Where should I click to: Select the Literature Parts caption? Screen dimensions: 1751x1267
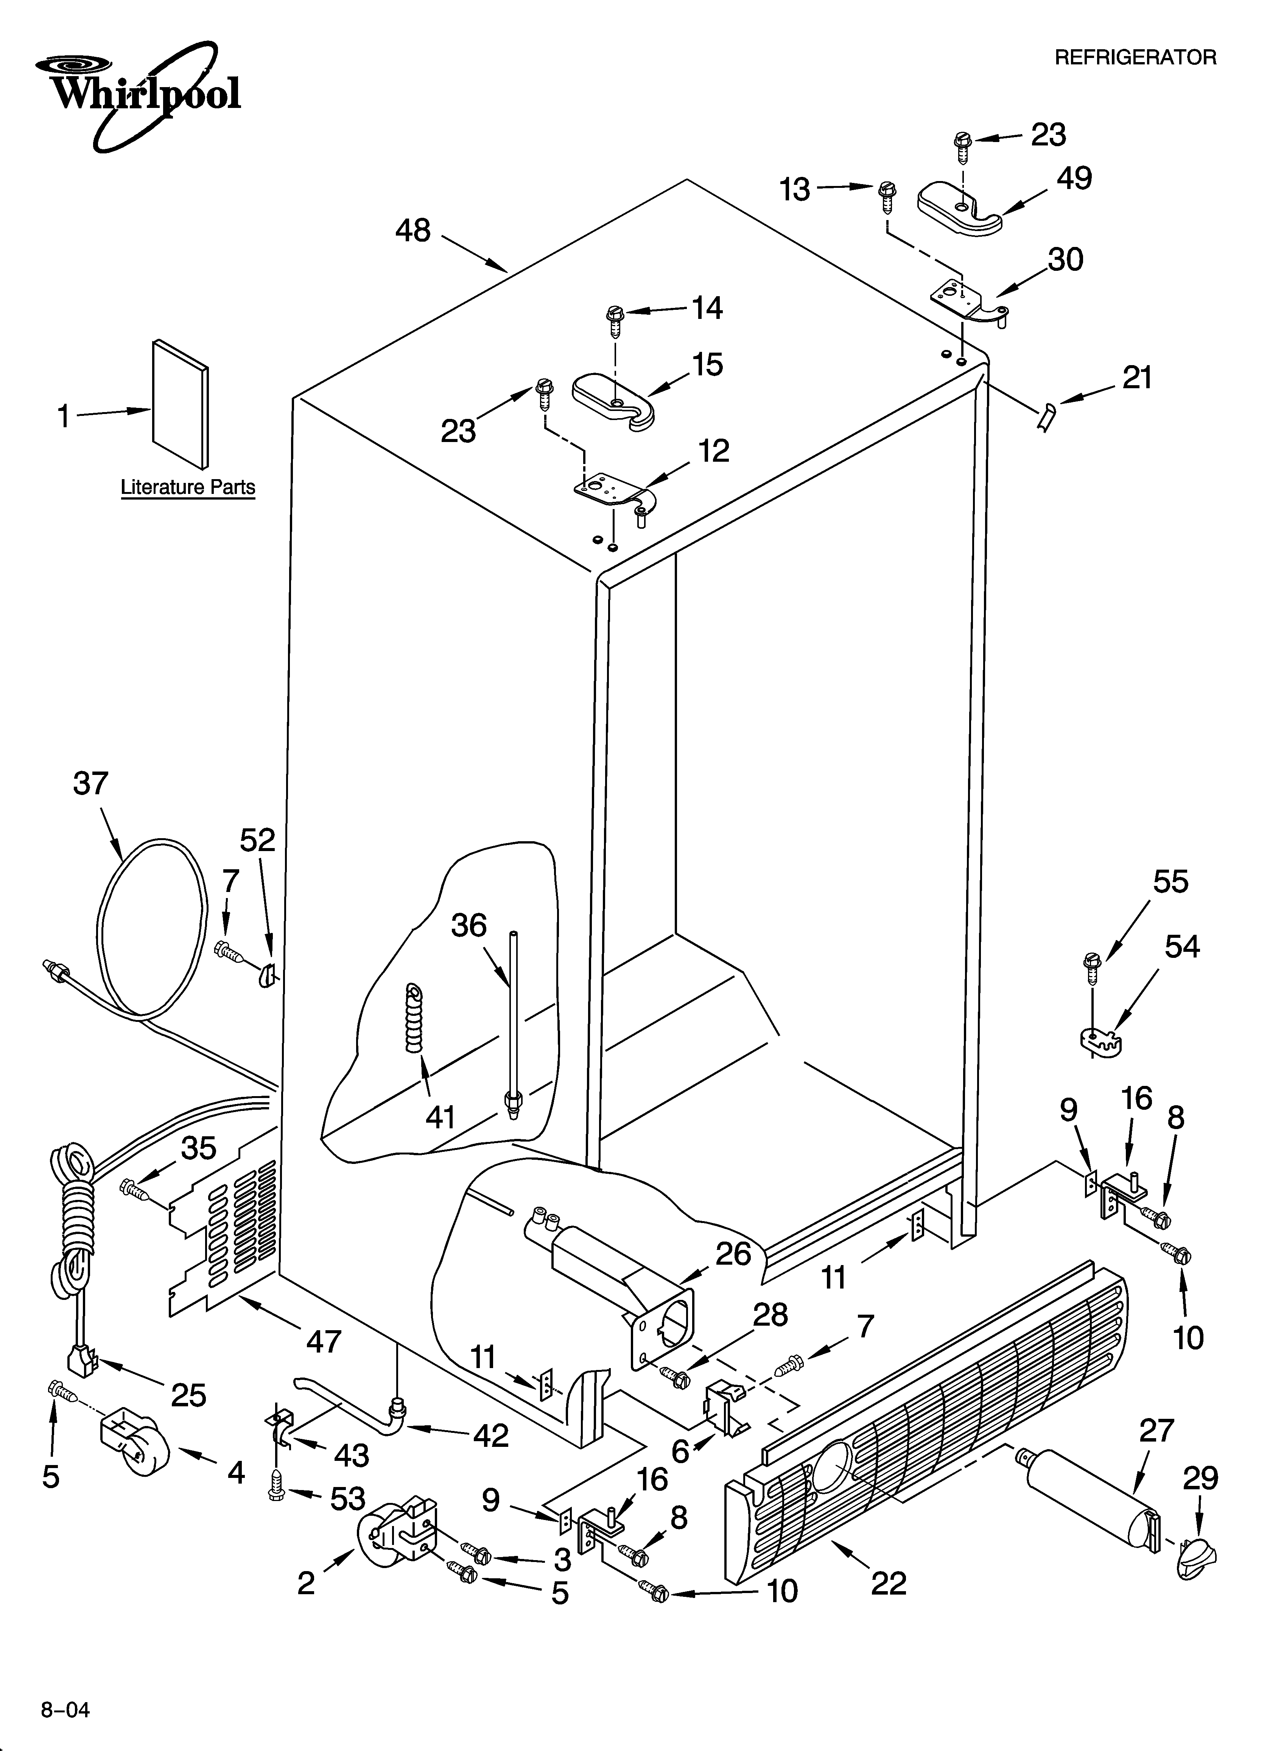click(x=187, y=487)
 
